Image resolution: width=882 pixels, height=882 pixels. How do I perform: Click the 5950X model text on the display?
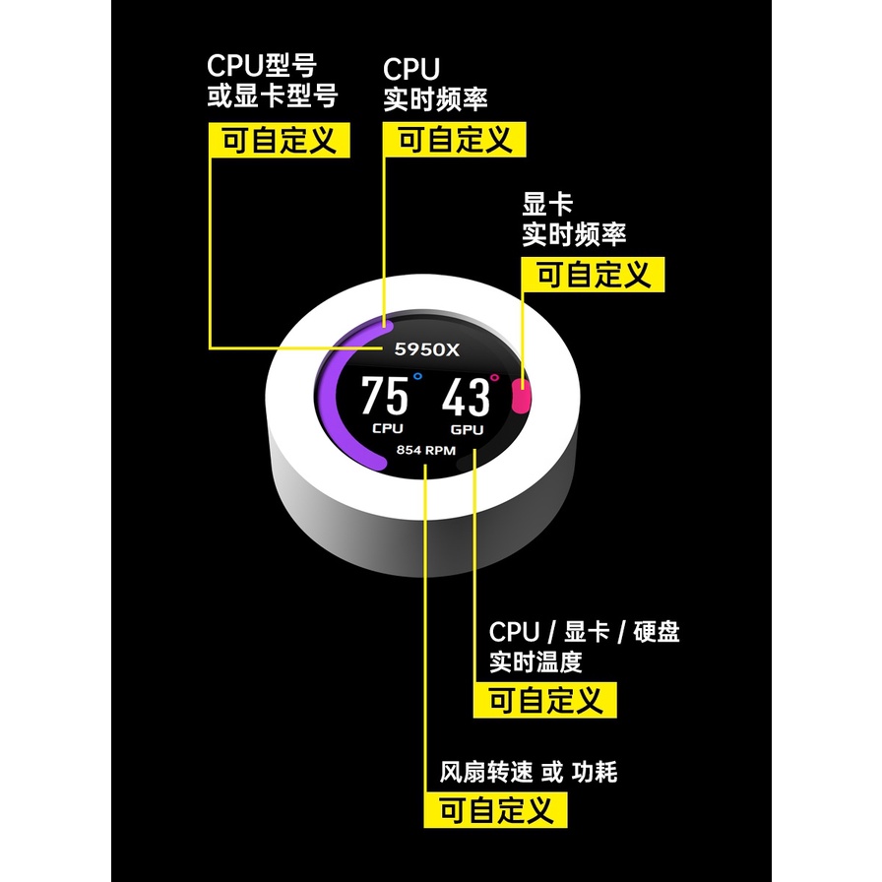[426, 348]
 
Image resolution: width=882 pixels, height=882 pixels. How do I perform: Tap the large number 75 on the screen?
[384, 397]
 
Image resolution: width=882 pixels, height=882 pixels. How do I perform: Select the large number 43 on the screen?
[465, 398]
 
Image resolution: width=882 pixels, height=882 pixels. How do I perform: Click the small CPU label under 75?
[387, 428]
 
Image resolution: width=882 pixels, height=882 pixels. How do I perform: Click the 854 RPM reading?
[427, 450]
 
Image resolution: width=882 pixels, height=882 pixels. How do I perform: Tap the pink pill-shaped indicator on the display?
[522, 397]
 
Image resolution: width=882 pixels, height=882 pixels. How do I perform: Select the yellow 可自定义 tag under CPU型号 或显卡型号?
[279, 140]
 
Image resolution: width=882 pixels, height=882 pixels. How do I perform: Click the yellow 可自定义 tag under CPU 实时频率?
[454, 140]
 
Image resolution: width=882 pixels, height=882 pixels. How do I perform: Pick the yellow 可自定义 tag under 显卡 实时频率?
[594, 275]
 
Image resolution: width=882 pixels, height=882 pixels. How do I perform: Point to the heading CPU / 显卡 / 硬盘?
[584, 631]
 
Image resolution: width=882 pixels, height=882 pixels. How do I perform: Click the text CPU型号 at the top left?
[261, 66]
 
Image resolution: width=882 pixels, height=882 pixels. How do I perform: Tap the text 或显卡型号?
[272, 97]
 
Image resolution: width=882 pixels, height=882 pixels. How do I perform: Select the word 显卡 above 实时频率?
[547, 205]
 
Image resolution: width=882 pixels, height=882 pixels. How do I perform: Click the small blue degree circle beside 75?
[417, 375]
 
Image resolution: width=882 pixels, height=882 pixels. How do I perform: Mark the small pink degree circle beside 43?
[494, 376]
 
